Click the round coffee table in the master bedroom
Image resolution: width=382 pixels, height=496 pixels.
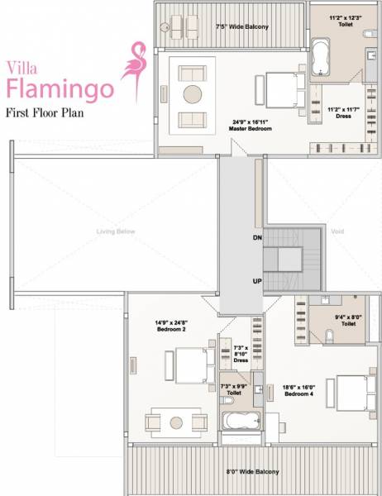[x=193, y=93]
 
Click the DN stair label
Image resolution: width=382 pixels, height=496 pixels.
[x=257, y=237]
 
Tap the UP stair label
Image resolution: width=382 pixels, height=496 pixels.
[x=257, y=281]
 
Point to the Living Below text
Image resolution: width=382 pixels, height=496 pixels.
[x=115, y=231]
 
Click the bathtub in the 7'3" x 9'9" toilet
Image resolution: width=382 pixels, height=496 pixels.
[x=241, y=422]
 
